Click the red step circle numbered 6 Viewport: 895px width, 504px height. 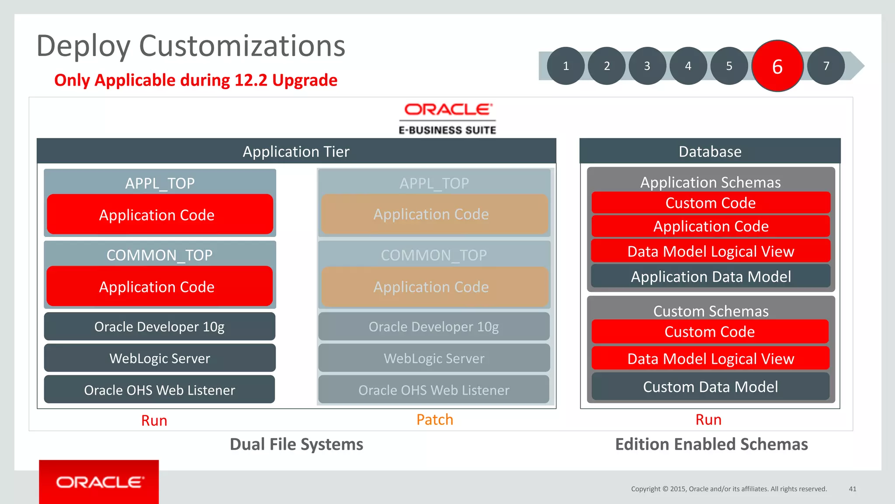click(x=777, y=66)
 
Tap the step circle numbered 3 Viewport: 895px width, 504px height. click(x=647, y=66)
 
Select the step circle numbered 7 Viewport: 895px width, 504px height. click(x=826, y=66)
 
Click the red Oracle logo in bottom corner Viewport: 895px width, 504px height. click(x=99, y=482)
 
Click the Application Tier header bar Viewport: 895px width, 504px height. click(x=296, y=151)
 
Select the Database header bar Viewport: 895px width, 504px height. click(x=710, y=151)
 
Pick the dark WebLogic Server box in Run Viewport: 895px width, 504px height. click(x=160, y=358)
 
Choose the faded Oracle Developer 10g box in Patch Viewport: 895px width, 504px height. click(x=434, y=327)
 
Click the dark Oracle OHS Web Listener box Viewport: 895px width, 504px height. click(x=160, y=389)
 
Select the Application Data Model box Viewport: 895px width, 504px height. click(x=711, y=276)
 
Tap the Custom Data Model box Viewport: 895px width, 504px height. click(x=711, y=386)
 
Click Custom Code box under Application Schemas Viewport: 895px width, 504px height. click(x=711, y=203)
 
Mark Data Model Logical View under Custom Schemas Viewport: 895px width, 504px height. click(x=711, y=358)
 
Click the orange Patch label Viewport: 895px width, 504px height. click(x=434, y=420)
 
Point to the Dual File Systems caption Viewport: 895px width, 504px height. click(x=296, y=444)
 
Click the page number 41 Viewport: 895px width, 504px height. click(x=852, y=489)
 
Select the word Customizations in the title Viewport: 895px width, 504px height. click(x=242, y=46)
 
